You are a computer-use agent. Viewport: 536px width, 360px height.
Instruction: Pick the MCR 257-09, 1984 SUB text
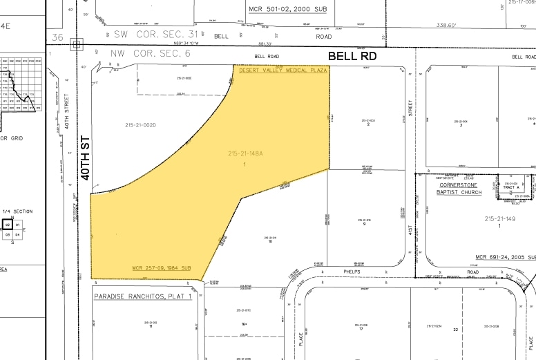165,268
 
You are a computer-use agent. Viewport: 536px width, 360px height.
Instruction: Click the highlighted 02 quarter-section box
8,225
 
